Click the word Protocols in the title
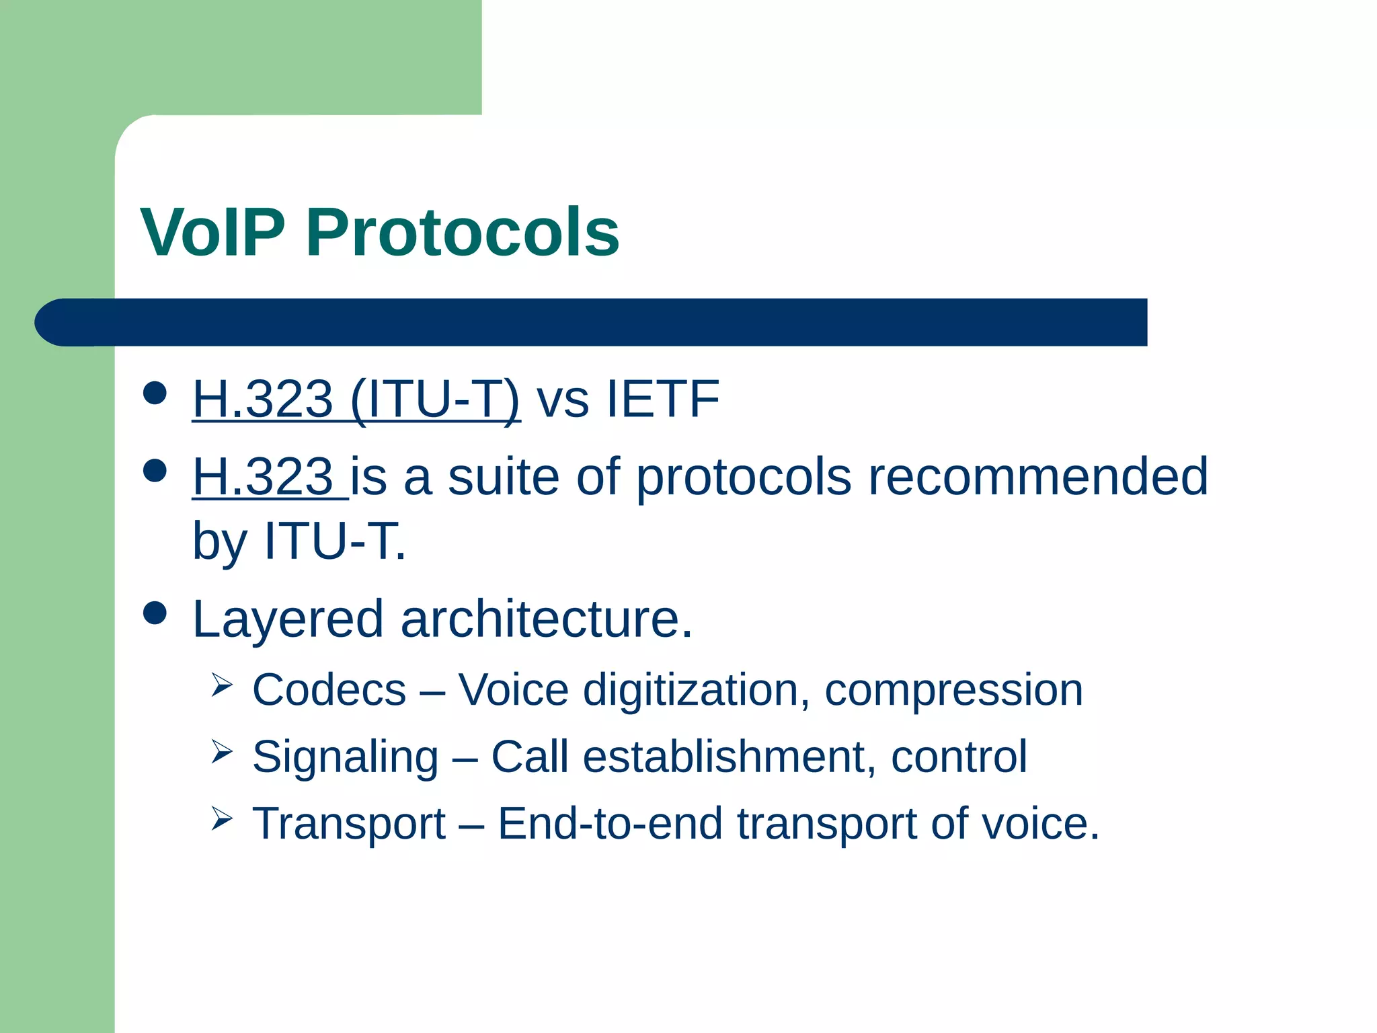pyautogui.click(x=463, y=233)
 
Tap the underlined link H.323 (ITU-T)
pyautogui.click(x=356, y=399)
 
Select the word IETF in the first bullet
pyautogui.click(x=663, y=399)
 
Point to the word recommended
pyautogui.click(x=1037, y=477)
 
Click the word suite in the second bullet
pyautogui.click(x=503, y=477)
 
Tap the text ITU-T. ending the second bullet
pyautogui.click(x=336, y=541)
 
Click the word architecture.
pyautogui.click(x=546, y=619)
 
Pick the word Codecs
pyautogui.click(x=329, y=690)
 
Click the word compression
pyautogui.click(x=953, y=691)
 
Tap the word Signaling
pyautogui.click(x=346, y=757)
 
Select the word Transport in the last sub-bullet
pyautogui.click(x=349, y=824)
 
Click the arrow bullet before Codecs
pyautogui.click(x=221, y=685)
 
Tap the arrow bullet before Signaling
pyautogui.click(x=221, y=752)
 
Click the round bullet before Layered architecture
pyautogui.click(x=155, y=613)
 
